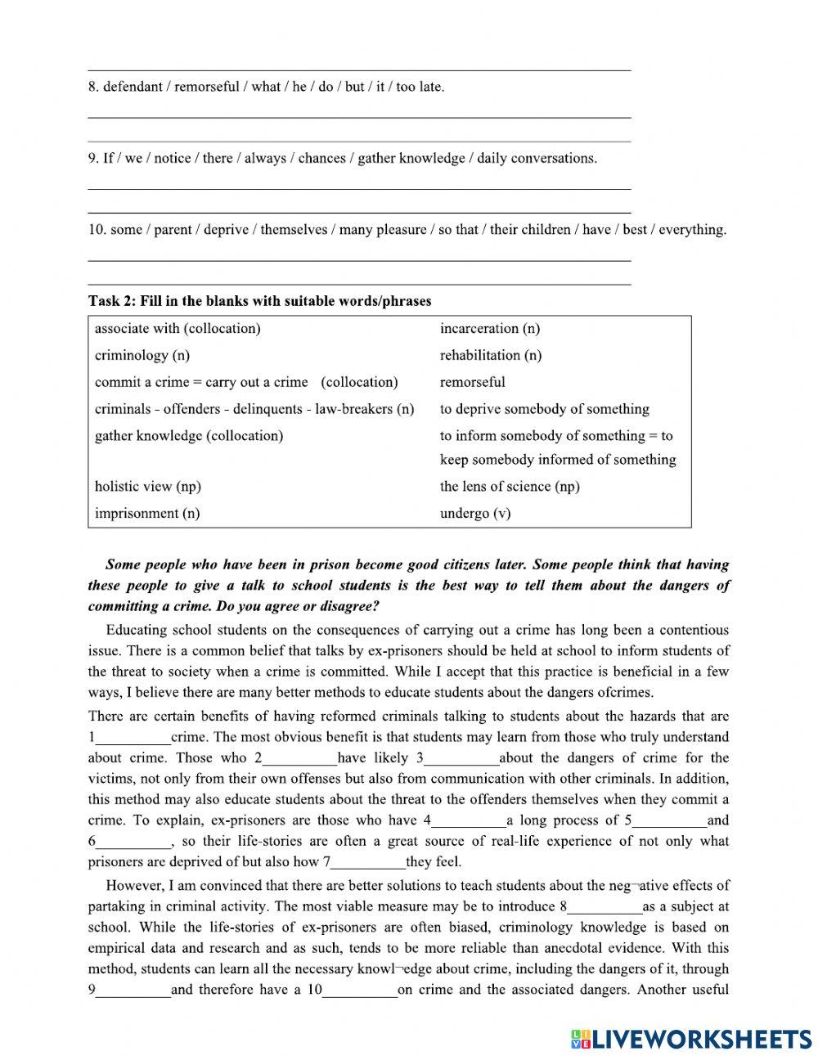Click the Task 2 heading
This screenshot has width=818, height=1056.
point(259,301)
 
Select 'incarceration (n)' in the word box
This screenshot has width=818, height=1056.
point(489,329)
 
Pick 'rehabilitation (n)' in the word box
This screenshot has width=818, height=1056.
point(490,356)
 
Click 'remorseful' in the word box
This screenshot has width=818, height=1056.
point(472,382)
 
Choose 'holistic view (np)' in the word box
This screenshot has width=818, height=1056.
point(147,487)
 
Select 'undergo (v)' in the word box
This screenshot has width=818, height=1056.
point(474,514)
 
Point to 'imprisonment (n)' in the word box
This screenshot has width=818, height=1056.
point(146,514)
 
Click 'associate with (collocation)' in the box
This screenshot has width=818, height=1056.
point(177,329)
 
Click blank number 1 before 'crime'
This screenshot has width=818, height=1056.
point(133,739)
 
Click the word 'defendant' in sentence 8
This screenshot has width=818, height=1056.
point(133,87)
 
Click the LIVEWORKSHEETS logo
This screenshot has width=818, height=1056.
point(692,1038)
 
